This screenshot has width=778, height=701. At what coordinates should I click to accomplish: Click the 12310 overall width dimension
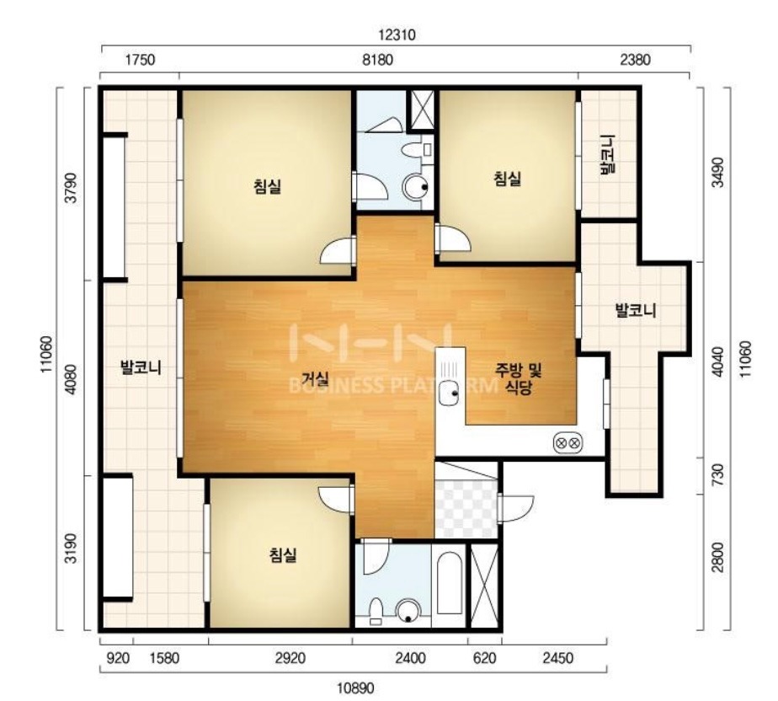point(397,35)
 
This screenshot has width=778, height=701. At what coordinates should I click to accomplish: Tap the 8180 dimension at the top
point(377,60)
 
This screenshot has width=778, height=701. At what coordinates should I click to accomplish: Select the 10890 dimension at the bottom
point(355,688)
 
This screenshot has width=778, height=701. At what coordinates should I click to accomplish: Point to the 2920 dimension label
point(290,658)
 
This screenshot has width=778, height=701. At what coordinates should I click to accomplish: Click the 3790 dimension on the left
point(72,188)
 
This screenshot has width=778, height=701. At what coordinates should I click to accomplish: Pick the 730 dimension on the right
point(717,475)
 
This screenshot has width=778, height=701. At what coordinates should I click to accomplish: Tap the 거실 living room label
point(316,380)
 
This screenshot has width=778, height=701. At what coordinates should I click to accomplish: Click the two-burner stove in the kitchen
point(568,442)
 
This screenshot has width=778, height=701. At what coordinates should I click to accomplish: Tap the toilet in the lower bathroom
point(376,611)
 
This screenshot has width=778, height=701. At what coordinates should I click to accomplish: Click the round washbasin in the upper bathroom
point(415,187)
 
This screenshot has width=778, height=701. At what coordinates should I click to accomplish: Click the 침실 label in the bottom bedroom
point(283,554)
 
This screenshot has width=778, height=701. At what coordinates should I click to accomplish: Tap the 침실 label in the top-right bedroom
point(507,179)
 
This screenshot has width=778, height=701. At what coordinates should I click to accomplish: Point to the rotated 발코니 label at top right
point(607,154)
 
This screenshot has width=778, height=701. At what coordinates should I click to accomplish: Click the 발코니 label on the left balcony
point(141,368)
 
